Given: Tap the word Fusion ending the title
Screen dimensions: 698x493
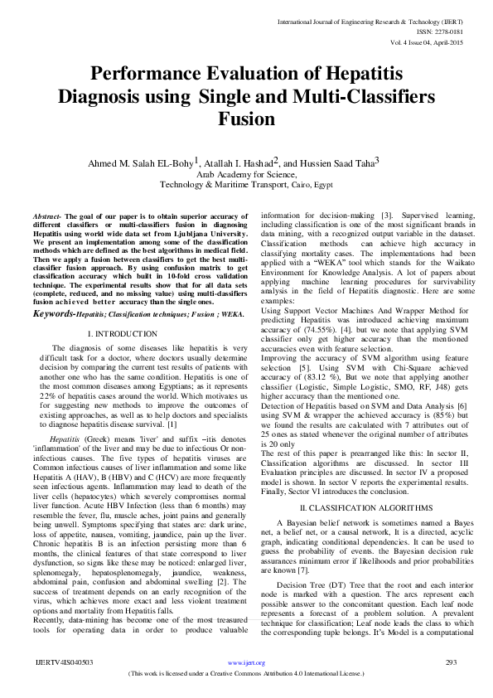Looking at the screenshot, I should [x=246, y=119].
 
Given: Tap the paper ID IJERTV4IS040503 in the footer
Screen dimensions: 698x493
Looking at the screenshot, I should [x=63, y=662].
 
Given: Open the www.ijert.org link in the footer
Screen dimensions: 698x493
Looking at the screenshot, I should [x=246, y=663].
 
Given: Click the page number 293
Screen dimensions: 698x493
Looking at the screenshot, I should [x=452, y=662].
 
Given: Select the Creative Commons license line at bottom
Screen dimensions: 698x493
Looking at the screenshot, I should [x=246, y=674].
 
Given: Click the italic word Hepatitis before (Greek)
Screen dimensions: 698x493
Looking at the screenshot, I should [x=65, y=434].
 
